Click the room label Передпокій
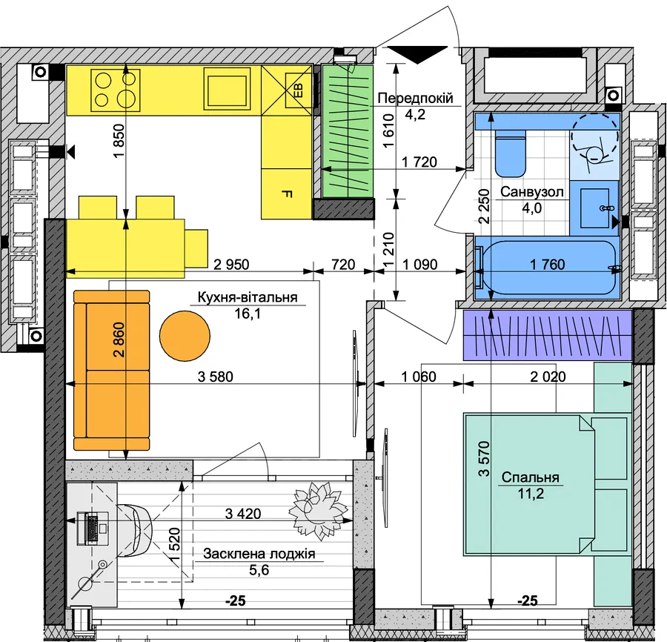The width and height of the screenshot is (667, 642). [415, 99]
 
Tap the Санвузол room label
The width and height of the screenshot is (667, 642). [531, 192]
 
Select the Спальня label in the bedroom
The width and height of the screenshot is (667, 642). [530, 477]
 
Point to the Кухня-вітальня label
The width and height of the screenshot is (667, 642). [247, 297]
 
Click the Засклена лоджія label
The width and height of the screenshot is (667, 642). [259, 554]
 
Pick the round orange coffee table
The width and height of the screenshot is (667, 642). [185, 336]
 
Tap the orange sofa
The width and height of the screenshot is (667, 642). [111, 370]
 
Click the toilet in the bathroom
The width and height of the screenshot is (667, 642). [511, 153]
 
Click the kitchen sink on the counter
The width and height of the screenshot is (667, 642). [228, 90]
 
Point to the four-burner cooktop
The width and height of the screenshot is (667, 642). [116, 90]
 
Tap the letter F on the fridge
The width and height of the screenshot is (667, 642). [287, 194]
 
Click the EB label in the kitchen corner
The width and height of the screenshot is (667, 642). [299, 90]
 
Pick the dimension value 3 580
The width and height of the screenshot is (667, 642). [215, 377]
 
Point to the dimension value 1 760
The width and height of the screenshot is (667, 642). [548, 265]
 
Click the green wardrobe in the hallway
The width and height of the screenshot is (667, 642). [348, 131]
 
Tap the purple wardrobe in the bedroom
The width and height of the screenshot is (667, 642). [548, 336]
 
